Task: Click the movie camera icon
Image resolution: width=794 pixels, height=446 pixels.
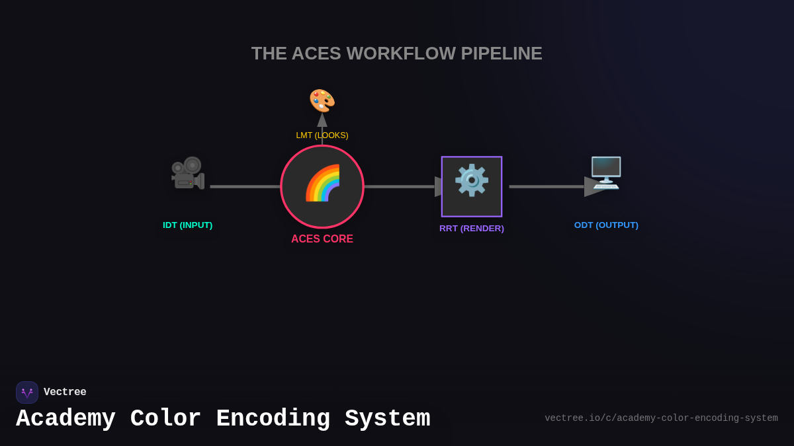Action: pos(188,173)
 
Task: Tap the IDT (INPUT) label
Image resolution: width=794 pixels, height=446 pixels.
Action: pos(187,225)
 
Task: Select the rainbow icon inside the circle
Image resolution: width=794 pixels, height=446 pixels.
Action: pos(322,183)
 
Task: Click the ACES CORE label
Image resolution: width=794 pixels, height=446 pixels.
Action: pos(322,239)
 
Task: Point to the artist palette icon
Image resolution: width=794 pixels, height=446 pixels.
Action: pos(322,100)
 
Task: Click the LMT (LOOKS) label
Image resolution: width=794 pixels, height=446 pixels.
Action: pos(322,135)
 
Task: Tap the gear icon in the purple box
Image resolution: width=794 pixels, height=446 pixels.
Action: pos(471,180)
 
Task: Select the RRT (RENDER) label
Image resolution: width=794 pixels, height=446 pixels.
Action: pos(472,229)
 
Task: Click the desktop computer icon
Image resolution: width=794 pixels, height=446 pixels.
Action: pos(605,172)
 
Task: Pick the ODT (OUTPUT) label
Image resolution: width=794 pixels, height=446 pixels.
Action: pos(606,225)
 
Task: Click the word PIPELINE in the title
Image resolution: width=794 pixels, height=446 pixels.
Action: pos(501,54)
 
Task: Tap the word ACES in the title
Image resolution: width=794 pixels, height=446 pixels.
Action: pos(316,54)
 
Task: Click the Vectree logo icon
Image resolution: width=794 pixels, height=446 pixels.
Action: pos(27,392)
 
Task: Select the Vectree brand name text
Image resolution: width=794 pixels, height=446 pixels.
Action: pos(65,392)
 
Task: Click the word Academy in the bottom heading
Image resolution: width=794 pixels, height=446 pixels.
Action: pos(66,419)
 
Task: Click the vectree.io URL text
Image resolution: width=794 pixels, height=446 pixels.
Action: pos(661,418)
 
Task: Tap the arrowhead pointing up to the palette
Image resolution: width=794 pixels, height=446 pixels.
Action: pos(322,120)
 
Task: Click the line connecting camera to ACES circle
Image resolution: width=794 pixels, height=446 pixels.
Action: pos(245,186)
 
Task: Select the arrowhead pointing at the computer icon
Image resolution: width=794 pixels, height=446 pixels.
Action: pos(594,186)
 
